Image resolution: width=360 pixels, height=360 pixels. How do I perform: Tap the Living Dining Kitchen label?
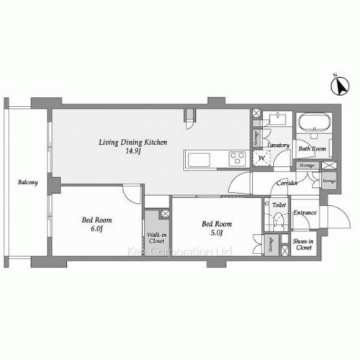click(133, 143)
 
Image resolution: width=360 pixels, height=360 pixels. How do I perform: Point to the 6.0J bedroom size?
click(96, 229)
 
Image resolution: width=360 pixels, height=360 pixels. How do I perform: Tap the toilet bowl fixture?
click(278, 223)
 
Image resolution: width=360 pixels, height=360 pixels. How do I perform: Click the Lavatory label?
click(278, 145)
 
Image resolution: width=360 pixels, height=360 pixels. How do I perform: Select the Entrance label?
click(305, 212)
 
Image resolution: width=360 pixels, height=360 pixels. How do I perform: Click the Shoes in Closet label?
click(303, 245)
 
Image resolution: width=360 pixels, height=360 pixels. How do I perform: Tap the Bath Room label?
click(313, 150)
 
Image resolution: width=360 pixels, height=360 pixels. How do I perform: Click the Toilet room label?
click(279, 204)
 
